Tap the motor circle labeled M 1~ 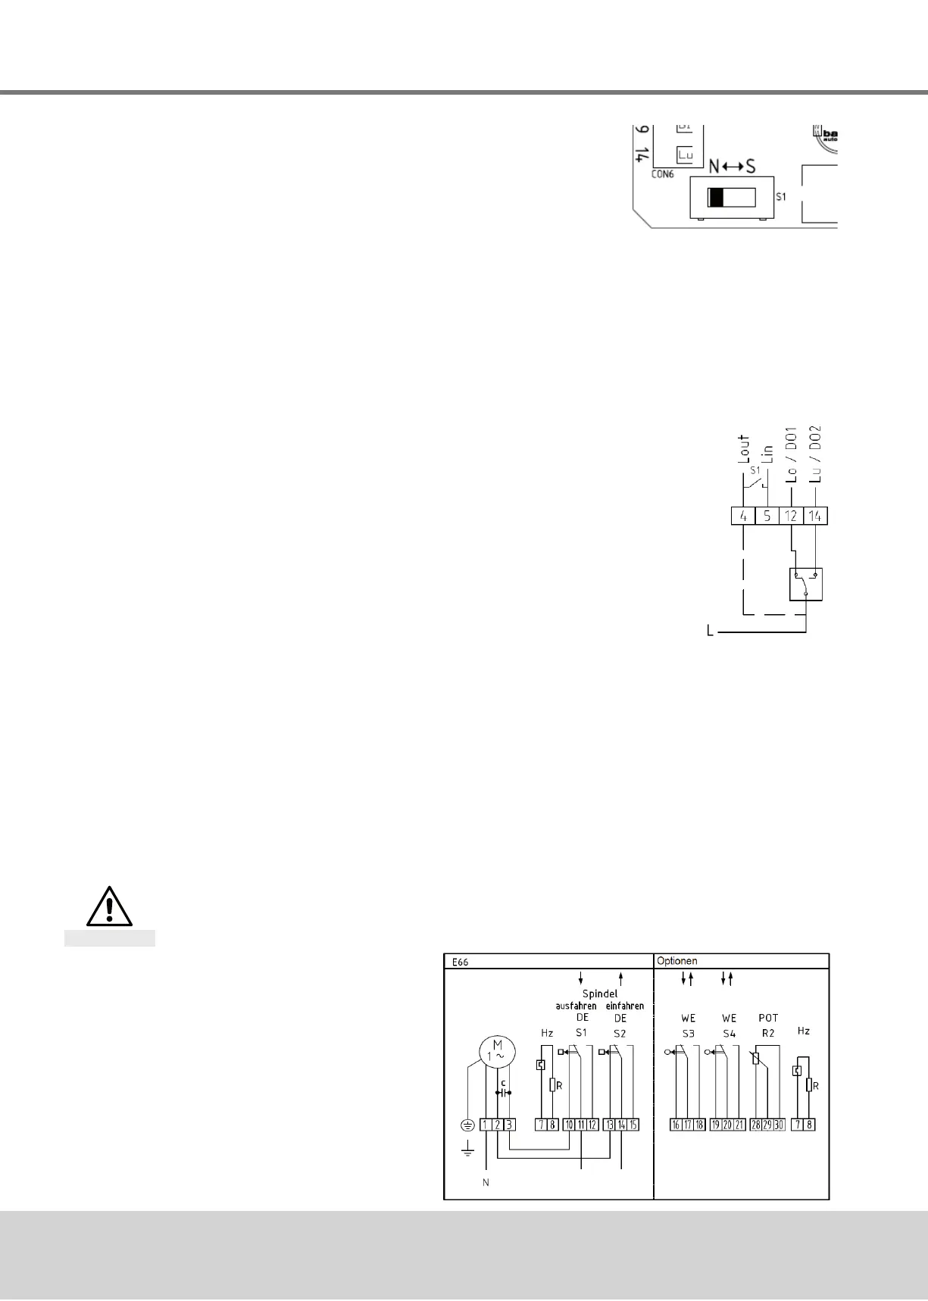[x=497, y=1050]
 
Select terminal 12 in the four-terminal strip [x=792, y=516]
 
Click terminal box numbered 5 [x=767, y=516]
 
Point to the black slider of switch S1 [x=716, y=198]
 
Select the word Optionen [x=676, y=961]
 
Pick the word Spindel [x=600, y=993]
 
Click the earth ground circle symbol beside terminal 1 [x=467, y=1125]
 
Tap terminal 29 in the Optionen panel [x=767, y=1125]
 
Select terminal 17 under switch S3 [x=688, y=1125]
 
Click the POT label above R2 [x=768, y=1018]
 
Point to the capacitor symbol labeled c [x=503, y=1092]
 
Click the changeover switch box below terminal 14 [x=806, y=584]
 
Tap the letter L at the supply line [x=710, y=631]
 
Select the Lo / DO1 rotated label [x=792, y=454]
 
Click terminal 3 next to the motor [x=510, y=1125]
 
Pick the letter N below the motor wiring [x=486, y=1183]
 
